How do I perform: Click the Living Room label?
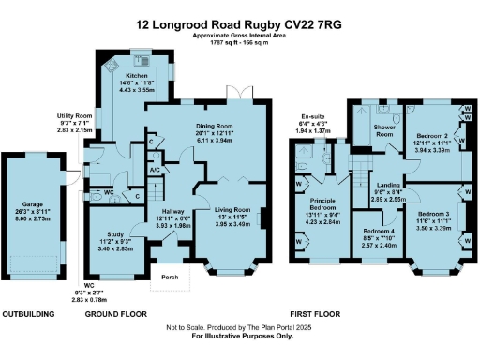click(x=226, y=209)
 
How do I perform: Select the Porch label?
click(x=171, y=277)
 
